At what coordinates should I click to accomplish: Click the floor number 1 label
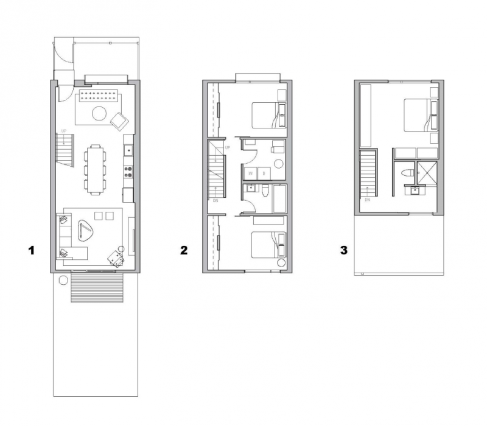click(x=31, y=250)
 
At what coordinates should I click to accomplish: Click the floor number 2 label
click(x=183, y=250)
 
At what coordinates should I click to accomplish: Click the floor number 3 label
click(x=344, y=250)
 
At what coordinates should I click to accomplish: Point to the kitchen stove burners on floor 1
click(x=128, y=171)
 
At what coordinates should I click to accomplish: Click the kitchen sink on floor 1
click(x=128, y=150)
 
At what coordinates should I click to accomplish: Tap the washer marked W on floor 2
click(x=250, y=173)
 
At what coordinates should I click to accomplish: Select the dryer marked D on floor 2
click(x=264, y=173)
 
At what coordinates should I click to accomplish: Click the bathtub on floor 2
click(x=279, y=198)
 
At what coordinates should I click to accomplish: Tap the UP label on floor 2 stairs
click(x=228, y=148)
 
